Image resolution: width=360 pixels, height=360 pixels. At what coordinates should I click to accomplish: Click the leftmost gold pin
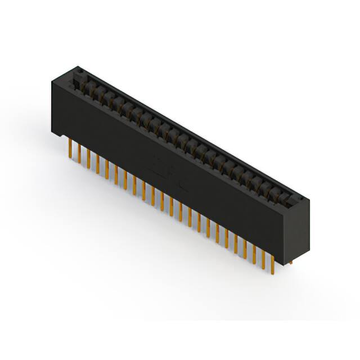point(69,149)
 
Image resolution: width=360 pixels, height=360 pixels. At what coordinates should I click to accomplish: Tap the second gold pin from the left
point(79,154)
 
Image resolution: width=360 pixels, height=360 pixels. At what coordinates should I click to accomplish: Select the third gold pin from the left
point(88,158)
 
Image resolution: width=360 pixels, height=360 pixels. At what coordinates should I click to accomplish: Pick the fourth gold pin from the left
point(97,163)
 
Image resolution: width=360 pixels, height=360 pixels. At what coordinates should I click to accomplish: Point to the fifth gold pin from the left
point(106,167)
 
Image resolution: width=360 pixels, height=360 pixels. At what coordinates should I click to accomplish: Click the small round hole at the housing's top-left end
point(80,71)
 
